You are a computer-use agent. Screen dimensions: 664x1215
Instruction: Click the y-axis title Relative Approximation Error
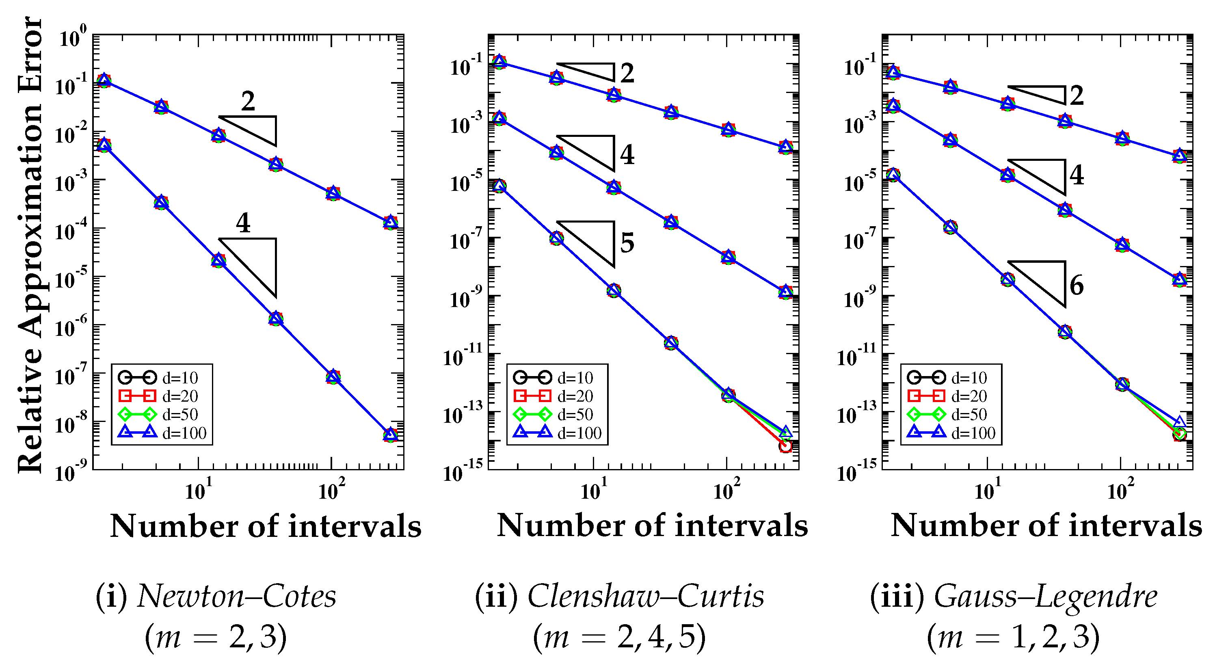(x=29, y=245)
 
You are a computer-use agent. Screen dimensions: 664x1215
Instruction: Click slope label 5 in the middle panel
(x=627, y=242)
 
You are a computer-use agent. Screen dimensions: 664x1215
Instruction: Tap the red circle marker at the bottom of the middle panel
(x=785, y=446)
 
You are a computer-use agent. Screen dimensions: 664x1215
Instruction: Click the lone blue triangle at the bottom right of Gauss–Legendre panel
(x=1179, y=422)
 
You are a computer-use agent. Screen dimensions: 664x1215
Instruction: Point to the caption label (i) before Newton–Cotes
(x=111, y=596)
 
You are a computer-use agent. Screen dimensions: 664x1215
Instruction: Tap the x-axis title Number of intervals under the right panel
(x=1046, y=526)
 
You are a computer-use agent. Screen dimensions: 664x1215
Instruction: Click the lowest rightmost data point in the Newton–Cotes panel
(x=390, y=434)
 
